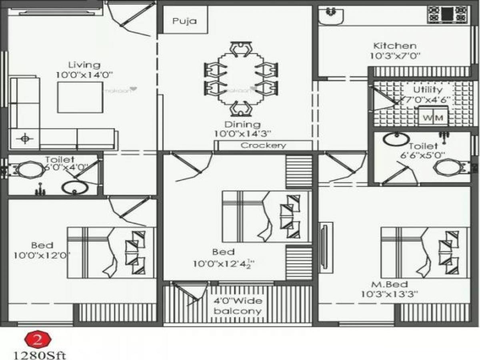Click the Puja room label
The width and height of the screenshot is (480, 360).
pos(184,21)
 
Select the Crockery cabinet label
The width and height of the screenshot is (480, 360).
pos(264,146)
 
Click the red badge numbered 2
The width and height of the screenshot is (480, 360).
pos(38,340)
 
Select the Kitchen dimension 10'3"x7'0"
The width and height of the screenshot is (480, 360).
pos(394,56)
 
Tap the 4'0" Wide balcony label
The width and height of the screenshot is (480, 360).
pos(238,305)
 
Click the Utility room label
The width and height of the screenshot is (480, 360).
pos(428,90)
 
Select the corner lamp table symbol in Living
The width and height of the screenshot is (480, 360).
pos(25,139)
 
